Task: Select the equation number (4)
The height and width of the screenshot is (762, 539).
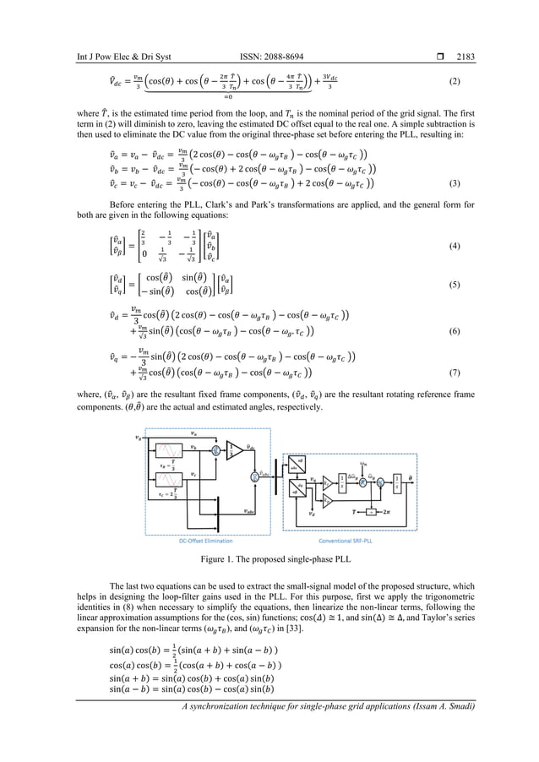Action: (x=455, y=247)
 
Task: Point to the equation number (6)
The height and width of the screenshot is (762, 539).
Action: (x=455, y=331)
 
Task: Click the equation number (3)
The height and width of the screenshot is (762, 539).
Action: (x=455, y=183)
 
